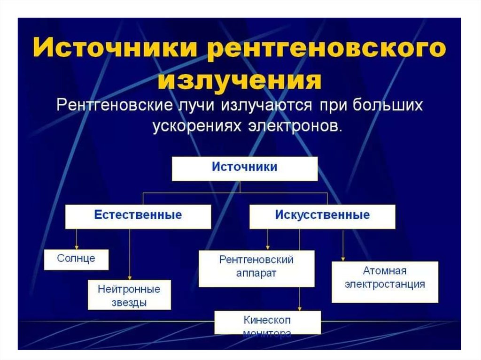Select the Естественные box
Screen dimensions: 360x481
[138, 216]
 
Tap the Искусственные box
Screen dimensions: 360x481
[322, 216]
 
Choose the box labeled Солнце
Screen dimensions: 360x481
[76, 259]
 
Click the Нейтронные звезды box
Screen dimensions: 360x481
[129, 295]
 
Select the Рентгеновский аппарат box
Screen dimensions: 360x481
[256, 268]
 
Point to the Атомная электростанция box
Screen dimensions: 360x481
[385, 281]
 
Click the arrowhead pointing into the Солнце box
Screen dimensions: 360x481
[76, 247]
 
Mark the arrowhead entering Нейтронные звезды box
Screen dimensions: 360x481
[129, 278]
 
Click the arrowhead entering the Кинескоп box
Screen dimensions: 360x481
[299, 307]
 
